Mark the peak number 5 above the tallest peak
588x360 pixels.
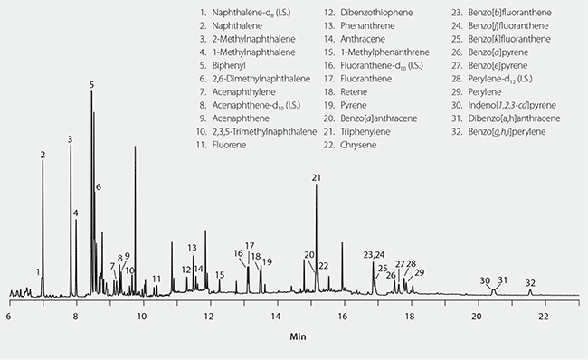click(91, 84)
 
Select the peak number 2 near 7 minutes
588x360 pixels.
click(43, 155)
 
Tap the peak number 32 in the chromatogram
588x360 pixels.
click(530, 282)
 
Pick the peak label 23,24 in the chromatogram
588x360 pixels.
click(374, 254)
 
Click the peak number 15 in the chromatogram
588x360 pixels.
click(220, 274)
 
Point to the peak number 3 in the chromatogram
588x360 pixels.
click(70, 139)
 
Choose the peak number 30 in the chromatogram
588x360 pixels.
click(485, 280)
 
